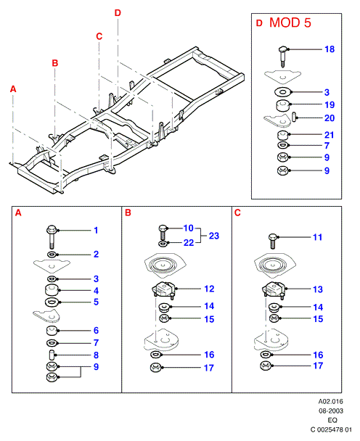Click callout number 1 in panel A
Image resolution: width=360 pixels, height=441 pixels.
tap(96, 231)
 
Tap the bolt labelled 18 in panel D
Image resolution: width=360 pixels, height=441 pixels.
tap(283, 57)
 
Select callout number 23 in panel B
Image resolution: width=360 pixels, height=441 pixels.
tap(214, 236)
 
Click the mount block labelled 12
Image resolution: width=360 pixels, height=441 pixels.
tap(164, 290)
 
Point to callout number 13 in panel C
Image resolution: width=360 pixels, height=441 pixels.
tap(318, 289)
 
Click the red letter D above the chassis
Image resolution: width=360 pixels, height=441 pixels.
tap(118, 13)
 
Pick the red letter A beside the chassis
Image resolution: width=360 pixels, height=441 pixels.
tap(13, 89)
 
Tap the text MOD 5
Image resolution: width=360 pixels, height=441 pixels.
tap(290, 22)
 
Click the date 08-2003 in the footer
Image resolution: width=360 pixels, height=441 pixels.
tap(331, 411)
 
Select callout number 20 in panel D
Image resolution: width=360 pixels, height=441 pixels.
tap(330, 118)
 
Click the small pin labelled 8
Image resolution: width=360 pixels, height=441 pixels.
tap(52, 355)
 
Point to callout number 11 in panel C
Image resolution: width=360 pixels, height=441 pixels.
tap(317, 237)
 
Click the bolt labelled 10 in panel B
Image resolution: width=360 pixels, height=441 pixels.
tap(163, 232)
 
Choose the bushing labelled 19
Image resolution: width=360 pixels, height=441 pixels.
tap(283, 106)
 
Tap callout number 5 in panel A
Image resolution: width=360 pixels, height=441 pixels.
tap(96, 302)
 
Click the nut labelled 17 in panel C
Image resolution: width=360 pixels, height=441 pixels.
tap(266, 366)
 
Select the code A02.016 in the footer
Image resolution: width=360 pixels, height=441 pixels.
tap(331, 402)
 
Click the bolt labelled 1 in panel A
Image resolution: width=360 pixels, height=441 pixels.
tap(52, 236)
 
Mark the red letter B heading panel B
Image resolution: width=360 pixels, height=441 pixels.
tap(128, 213)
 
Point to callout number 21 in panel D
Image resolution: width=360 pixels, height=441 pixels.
tap(330, 135)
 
